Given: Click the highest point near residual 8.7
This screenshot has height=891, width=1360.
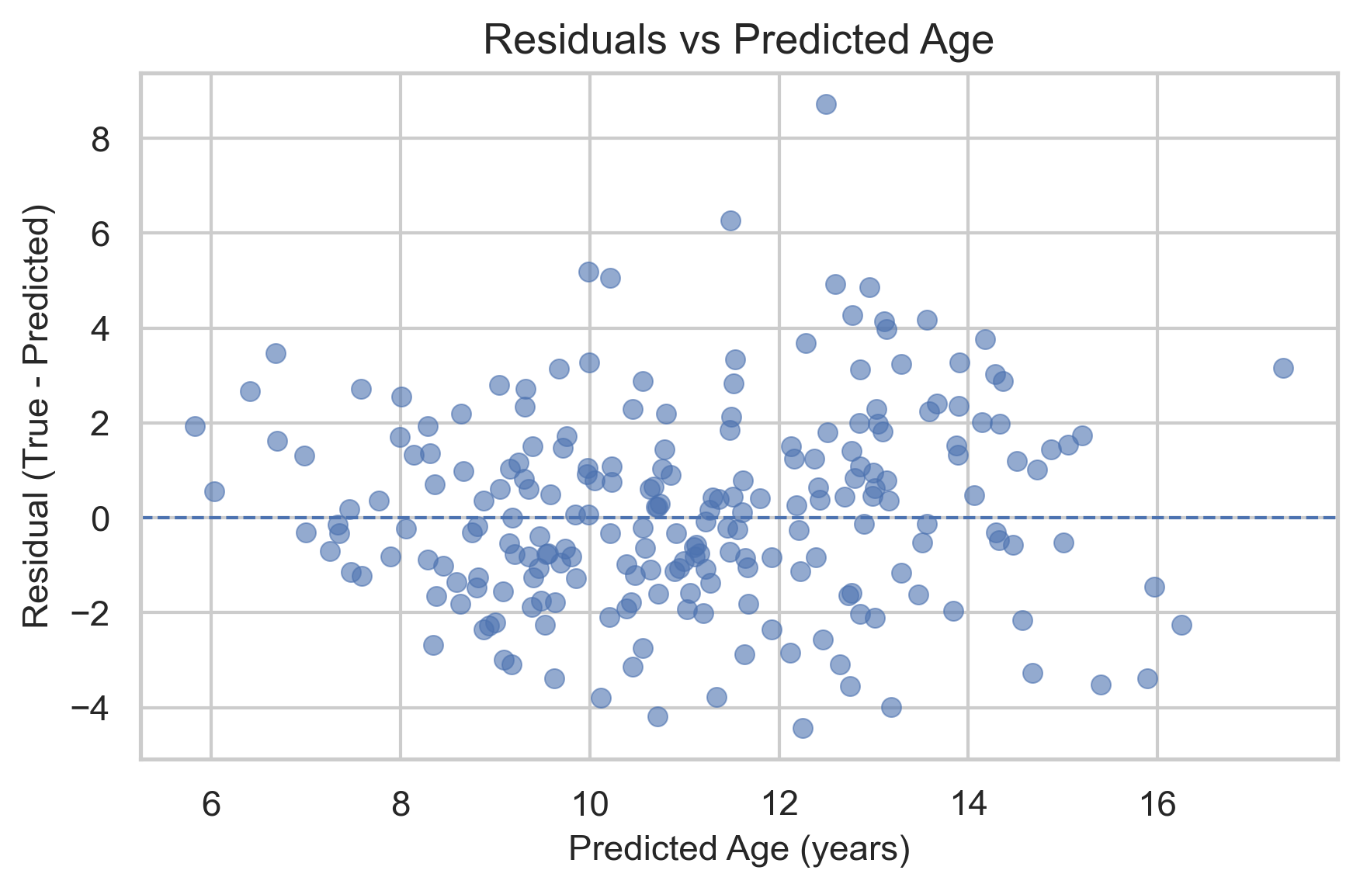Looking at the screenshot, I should tap(826, 104).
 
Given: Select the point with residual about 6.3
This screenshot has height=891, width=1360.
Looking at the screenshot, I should tap(730, 220).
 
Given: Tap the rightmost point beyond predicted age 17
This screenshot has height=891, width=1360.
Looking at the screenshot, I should tap(1283, 368).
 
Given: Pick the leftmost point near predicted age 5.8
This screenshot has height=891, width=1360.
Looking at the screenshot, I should tap(195, 426).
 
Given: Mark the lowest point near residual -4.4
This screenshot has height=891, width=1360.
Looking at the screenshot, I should tap(803, 728).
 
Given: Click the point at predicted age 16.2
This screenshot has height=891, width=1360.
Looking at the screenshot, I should tap(1181, 625).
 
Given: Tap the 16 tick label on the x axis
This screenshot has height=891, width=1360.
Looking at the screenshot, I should tap(1157, 806).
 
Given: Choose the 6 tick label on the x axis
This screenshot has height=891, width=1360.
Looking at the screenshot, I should tap(210, 806).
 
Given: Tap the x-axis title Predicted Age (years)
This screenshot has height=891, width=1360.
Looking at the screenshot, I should tap(739, 849).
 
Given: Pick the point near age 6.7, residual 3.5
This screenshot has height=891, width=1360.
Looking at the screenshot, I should tap(276, 353).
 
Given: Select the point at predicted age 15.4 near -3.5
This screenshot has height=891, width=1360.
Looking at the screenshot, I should tap(1101, 685).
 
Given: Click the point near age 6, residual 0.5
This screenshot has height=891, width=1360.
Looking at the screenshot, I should tap(214, 491).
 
